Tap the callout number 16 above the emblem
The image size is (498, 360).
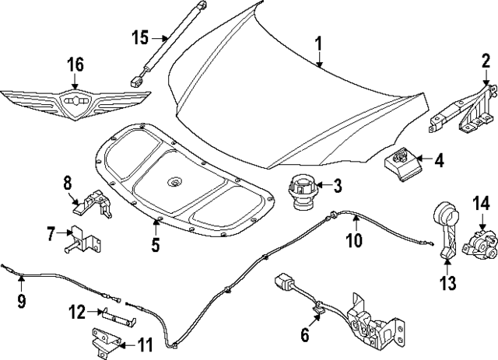point(75,65)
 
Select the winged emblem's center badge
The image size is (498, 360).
point(75,102)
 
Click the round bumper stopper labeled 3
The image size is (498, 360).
point(300,190)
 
